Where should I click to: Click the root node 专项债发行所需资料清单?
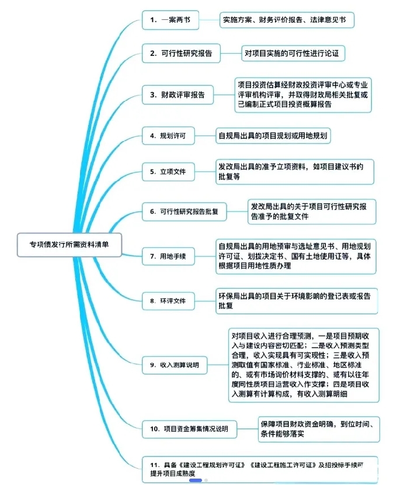[x=69, y=245]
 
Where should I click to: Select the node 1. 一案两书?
[x=170, y=20]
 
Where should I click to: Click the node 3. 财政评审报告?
[x=178, y=94]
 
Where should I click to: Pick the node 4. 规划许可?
[x=169, y=136]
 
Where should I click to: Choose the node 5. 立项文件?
[x=169, y=172]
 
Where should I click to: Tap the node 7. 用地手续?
[x=169, y=256]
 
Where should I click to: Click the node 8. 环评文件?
[x=169, y=301]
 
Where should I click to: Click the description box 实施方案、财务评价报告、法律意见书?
[x=287, y=20]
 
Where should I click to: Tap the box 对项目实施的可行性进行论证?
[x=294, y=54]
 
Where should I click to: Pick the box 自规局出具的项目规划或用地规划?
[x=273, y=136]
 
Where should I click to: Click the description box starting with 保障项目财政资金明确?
[x=319, y=428]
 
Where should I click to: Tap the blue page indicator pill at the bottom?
[x=196, y=480]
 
